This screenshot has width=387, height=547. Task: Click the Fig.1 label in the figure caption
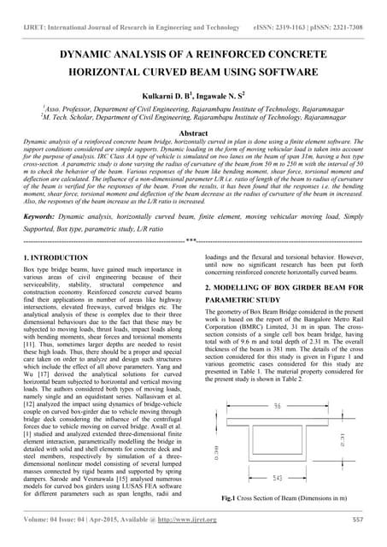(x=229, y=497)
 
